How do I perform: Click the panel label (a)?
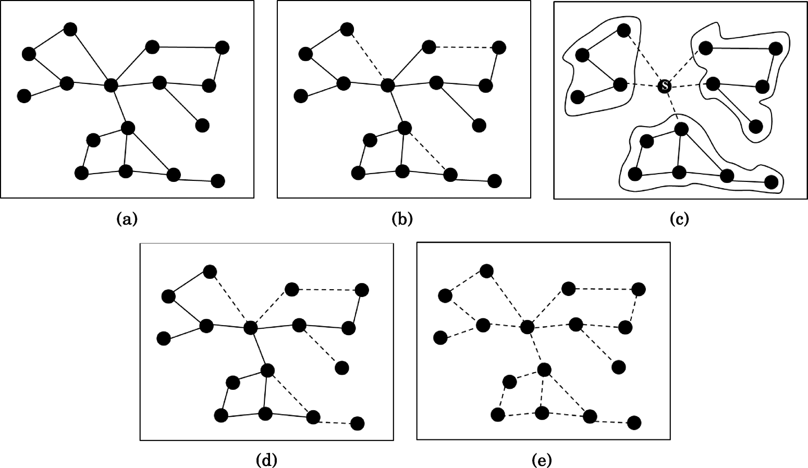click(127, 219)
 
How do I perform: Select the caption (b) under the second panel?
click(402, 219)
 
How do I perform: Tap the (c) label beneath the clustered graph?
click(679, 219)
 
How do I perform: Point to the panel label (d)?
click(266, 460)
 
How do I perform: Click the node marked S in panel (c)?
click(664, 85)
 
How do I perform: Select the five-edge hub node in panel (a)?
click(111, 85)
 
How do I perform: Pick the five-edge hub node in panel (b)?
click(387, 85)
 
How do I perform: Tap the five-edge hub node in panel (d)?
click(251, 328)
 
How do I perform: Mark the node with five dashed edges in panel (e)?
click(528, 327)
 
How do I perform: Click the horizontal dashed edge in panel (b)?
click(464, 47)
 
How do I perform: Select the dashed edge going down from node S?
click(672, 107)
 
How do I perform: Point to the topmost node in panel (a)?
click(70, 29)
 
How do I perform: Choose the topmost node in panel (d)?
click(210, 272)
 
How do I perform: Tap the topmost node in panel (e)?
click(486, 271)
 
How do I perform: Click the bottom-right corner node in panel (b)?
click(494, 181)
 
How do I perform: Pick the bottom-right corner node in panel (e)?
click(634, 423)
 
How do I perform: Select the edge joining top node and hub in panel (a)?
click(91, 57)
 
